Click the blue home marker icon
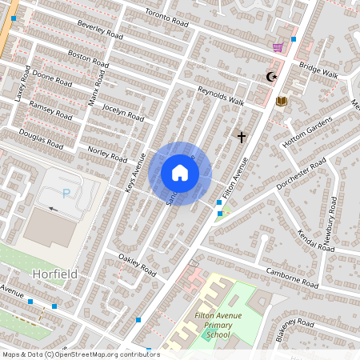tap(180, 173)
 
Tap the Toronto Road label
tap(166, 20)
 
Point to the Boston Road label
tap(87, 58)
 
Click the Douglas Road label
tap(41, 139)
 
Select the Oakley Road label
tap(137, 264)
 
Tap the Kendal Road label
tap(316, 238)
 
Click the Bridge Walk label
tap(318, 70)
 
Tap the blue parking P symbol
tap(66, 192)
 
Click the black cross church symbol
tap(241, 137)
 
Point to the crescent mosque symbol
tap(272, 77)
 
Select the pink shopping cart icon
tap(278, 48)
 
